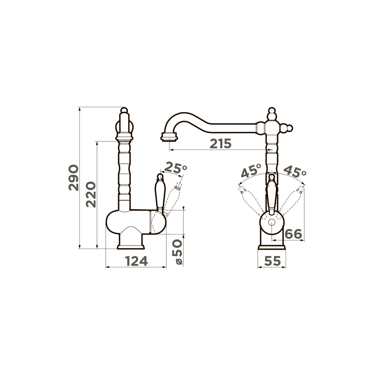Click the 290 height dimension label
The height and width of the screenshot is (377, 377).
point(74,178)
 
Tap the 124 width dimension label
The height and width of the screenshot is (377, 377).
point(136,261)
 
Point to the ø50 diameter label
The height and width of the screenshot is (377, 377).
point(177,252)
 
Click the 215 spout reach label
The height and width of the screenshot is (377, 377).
point(221,144)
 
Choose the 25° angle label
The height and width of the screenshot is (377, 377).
point(176,167)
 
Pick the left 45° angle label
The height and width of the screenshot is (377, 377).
point(251,171)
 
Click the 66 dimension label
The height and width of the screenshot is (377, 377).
point(293,234)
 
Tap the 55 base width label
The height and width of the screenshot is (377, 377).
point(272,261)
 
